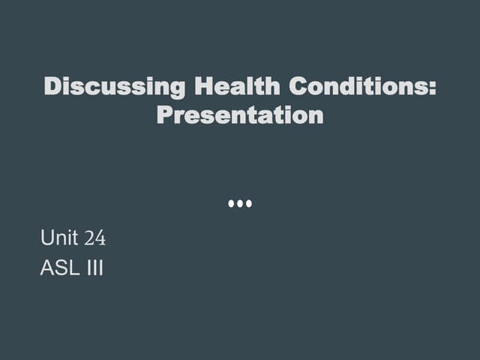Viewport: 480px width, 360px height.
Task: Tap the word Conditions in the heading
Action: [x=357, y=87]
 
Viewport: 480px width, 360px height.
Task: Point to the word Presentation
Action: [x=240, y=115]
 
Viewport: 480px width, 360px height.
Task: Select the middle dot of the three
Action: [x=240, y=203]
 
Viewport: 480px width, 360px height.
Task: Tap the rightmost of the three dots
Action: [x=249, y=203]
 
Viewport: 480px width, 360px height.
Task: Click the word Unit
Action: [x=59, y=239]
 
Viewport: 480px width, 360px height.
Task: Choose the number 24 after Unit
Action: [x=95, y=239]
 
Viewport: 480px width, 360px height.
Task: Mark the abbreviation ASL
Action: [x=57, y=268]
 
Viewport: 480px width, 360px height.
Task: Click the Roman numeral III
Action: [x=92, y=268]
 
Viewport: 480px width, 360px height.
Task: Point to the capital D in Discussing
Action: [x=52, y=87]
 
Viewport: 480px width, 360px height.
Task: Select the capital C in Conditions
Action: [x=298, y=87]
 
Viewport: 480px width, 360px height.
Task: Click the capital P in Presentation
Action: [x=164, y=115]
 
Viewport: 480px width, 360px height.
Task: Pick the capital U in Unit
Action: [x=46, y=239]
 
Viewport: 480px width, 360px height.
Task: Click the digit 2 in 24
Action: [x=90, y=239]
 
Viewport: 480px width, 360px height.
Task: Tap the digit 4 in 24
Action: [x=100, y=239]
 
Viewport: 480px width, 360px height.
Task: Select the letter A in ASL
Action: [x=46, y=268]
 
